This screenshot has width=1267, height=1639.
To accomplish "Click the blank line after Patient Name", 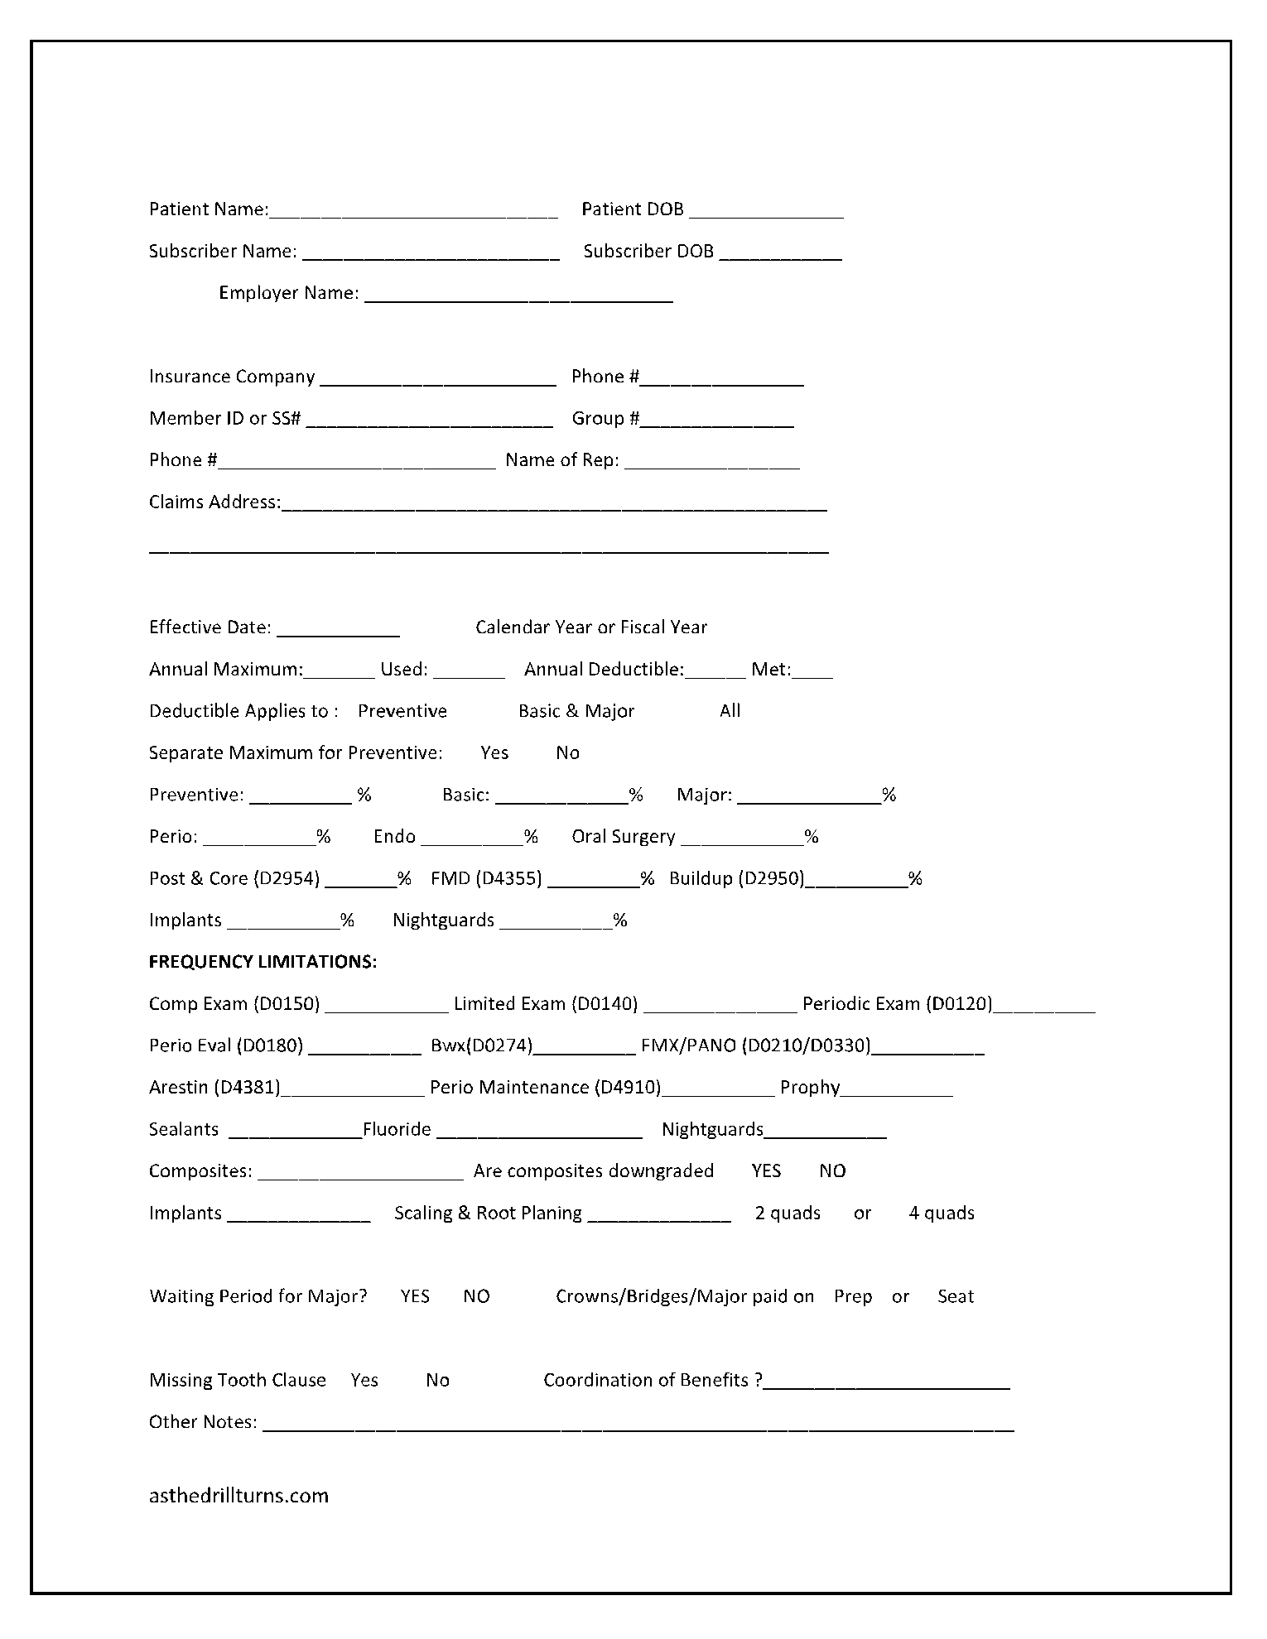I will point(413,214).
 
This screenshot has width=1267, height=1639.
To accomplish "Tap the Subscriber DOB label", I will point(648,252).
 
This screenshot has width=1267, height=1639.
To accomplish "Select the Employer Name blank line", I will point(518,298).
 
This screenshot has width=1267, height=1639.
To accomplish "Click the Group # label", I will point(605,419).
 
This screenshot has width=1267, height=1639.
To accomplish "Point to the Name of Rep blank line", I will point(712,465).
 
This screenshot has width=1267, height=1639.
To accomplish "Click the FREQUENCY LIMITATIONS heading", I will point(263,962).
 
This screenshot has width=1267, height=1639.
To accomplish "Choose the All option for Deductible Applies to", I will point(730,711).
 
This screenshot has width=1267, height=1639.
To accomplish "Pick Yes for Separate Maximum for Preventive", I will point(494,753).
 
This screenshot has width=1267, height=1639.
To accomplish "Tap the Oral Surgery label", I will point(623,837).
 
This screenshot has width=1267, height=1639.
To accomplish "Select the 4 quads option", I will point(942,1214).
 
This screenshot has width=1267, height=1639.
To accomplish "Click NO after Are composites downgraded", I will point(832,1171).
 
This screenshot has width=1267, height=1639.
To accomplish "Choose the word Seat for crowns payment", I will point(955,1297).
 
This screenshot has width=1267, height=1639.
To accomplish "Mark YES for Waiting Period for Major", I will point(415,1297).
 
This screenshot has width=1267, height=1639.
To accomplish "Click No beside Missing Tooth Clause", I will point(437,1381).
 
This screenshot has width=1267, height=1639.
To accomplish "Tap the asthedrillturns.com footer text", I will point(238,1496).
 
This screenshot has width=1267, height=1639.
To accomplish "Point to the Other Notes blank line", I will point(638,1428).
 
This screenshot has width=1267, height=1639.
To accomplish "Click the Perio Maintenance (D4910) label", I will point(545,1088).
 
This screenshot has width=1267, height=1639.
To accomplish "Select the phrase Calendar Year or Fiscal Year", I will point(591,627).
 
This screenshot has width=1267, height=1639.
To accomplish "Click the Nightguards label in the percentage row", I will point(443,920).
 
